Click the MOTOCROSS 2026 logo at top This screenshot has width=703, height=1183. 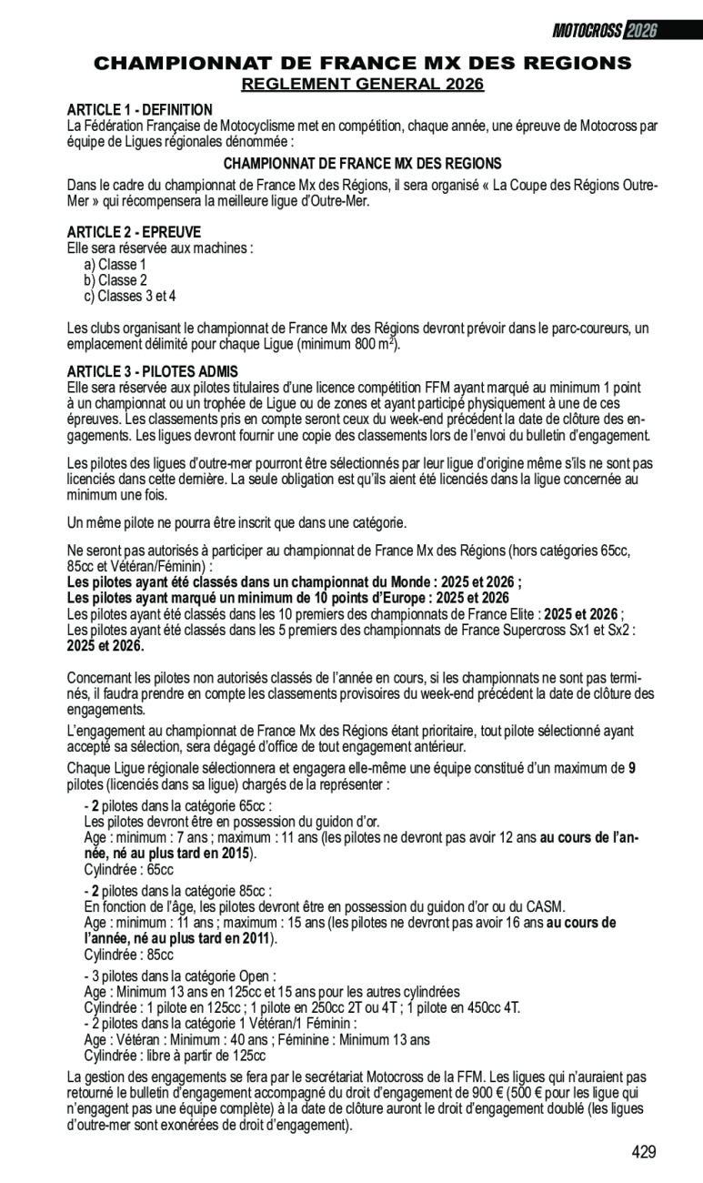pyautogui.click(x=605, y=30)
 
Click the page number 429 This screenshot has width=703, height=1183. pyautogui.click(x=644, y=1152)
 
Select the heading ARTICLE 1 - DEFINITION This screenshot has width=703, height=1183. pyautogui.click(x=140, y=110)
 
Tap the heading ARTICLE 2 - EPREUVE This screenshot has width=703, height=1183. pyautogui.click(x=135, y=232)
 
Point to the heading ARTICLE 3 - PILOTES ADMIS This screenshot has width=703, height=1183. pyautogui.click(x=153, y=371)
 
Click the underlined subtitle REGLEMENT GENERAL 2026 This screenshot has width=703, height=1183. pyautogui.click(x=362, y=85)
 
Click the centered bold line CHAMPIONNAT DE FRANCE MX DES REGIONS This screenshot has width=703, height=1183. pyautogui.click(x=362, y=164)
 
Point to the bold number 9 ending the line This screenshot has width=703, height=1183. pyautogui.click(x=632, y=767)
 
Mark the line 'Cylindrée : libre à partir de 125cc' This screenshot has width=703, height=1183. pyautogui.click(x=175, y=1056)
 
